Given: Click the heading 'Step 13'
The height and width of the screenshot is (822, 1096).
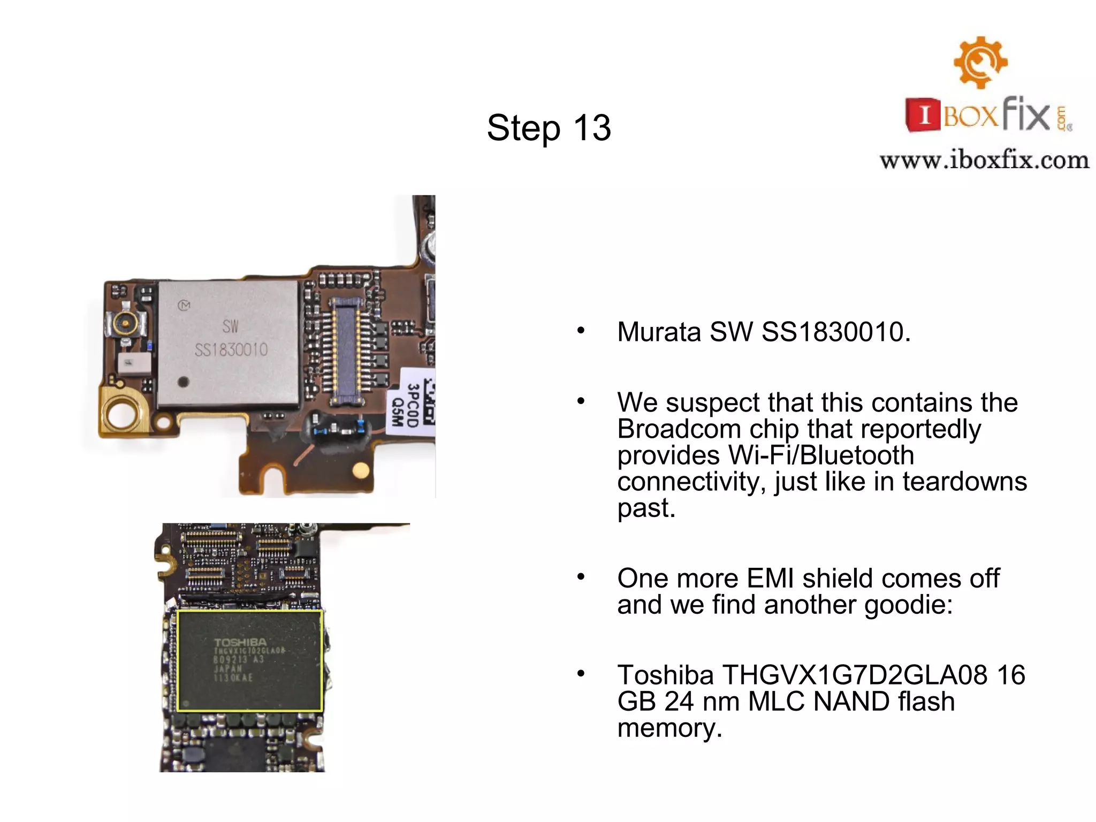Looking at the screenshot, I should (549, 128).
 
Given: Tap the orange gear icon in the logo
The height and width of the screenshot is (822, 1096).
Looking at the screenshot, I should (980, 62).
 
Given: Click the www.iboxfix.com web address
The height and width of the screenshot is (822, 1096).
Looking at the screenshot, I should (984, 160).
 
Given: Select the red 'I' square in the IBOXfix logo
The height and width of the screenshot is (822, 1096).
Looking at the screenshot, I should (924, 115).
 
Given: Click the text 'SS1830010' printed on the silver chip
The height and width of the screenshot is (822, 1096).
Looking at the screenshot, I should (231, 350).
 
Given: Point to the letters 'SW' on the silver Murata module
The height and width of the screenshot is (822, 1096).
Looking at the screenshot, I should (230, 326).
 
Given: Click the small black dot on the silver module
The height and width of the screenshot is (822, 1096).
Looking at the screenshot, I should (183, 382).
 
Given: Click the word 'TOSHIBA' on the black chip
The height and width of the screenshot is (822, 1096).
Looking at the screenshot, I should (240, 642).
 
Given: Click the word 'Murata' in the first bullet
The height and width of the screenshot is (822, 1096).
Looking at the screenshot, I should (659, 332).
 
